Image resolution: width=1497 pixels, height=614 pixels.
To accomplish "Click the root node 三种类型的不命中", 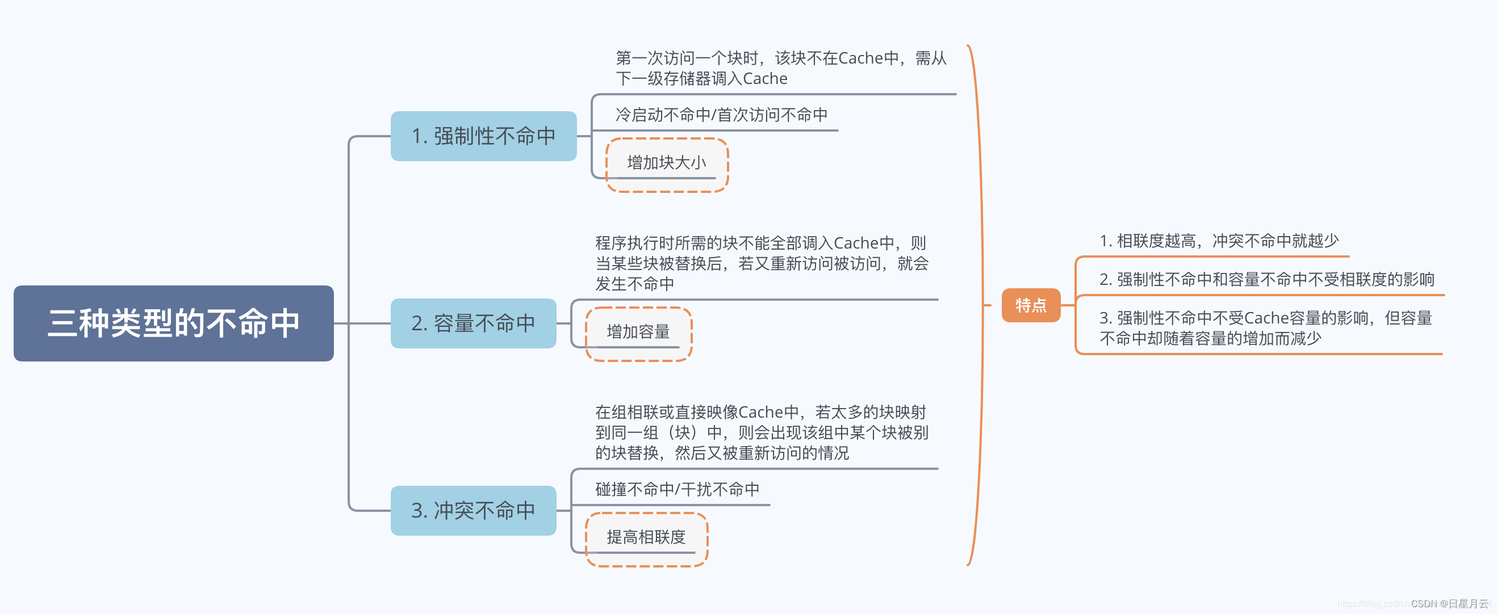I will coord(173,323).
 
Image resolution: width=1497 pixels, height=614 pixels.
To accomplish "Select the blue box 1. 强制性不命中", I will coord(483,136).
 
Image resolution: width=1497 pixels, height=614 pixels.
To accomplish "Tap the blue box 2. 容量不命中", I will coord(473,323).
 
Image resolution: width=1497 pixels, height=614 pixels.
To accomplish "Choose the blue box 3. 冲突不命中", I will coord(473,510).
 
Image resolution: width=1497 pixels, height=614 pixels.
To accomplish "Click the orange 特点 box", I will coord(1030,305).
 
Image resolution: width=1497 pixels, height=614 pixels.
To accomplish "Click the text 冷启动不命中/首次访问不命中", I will coord(721,115).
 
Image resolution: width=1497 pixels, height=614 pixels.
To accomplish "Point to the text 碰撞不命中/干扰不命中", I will coord(677,489).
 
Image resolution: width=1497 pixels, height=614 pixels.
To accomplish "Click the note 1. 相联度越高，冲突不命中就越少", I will coord(1219,241).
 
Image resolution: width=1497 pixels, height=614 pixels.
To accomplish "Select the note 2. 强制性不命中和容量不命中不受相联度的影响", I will coord(1266,279).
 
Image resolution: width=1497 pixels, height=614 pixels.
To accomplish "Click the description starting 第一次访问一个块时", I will coord(780,68).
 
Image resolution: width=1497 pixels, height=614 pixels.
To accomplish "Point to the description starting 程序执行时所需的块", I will coord(762,263).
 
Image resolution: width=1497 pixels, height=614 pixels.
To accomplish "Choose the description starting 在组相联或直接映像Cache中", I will coord(762,432).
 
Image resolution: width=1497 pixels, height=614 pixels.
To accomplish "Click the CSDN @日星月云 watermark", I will coord(1449,604).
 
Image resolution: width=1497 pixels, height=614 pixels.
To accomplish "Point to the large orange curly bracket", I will coord(981,305).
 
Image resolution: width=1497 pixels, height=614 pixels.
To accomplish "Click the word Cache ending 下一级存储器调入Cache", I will coord(765,78).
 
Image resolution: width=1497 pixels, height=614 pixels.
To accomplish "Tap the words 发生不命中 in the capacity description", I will coord(634,284).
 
